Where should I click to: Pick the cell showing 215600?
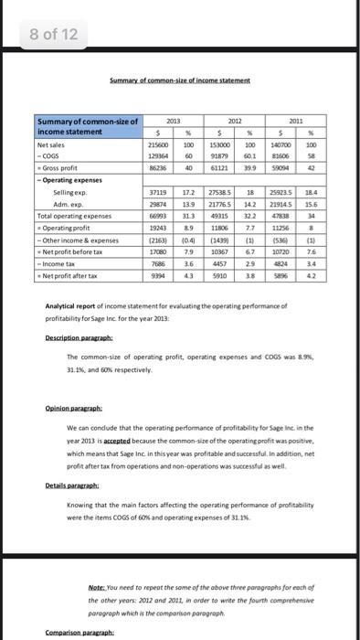pos(156,168)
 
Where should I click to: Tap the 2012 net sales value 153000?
pos(220,168)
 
